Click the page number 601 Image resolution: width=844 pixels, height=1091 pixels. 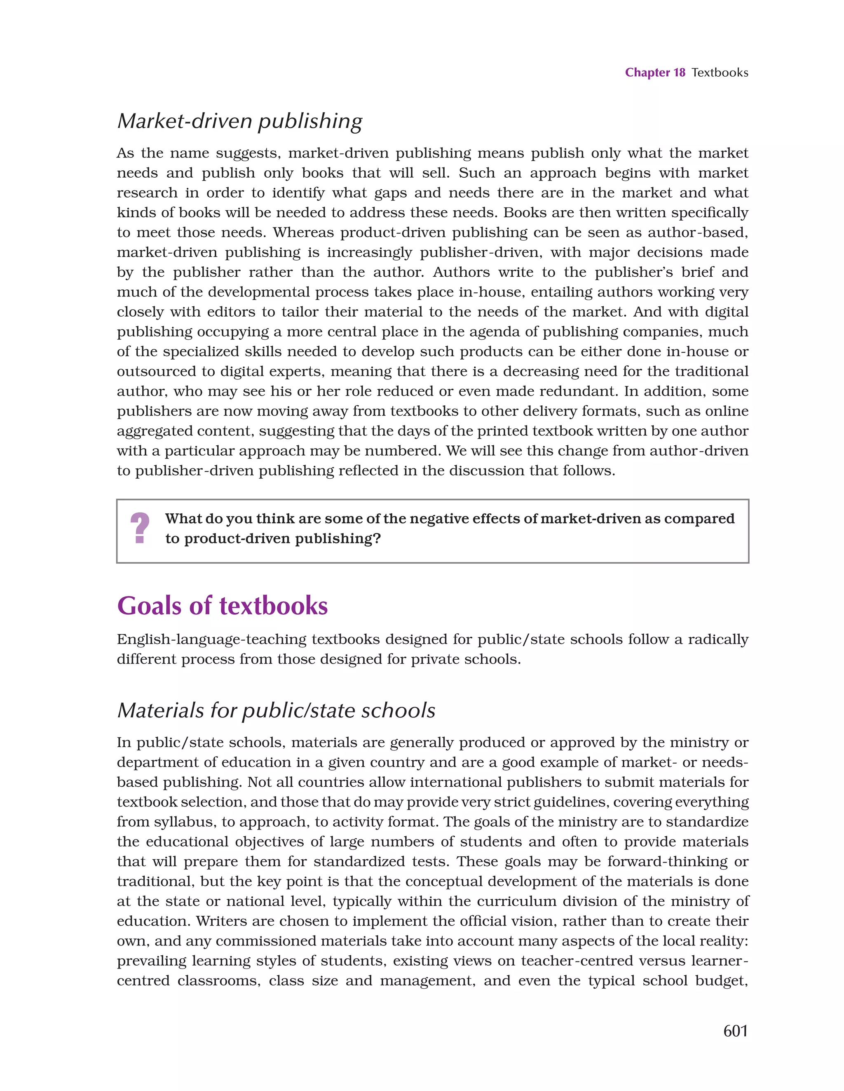[735, 1030]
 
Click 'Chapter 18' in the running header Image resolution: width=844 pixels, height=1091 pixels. [655, 73]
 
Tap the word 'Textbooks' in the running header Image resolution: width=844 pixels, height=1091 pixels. [720, 73]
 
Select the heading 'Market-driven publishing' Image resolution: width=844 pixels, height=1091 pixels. [240, 121]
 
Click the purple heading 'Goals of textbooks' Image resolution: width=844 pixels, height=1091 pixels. [222, 606]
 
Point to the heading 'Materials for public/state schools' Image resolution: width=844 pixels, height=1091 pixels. [276, 710]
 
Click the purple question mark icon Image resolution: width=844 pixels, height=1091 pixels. [140, 529]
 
